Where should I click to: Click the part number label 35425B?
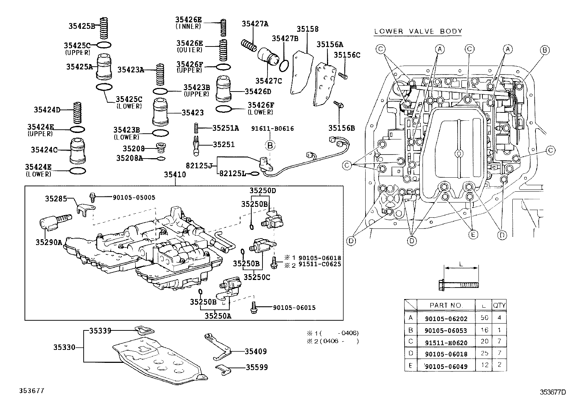point(81,26)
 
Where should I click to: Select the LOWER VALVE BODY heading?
point(418,31)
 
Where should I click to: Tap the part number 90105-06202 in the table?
point(446,319)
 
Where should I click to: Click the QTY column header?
point(499,306)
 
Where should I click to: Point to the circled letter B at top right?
point(545,50)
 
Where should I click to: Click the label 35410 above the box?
point(175,175)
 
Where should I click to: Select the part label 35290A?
point(49,243)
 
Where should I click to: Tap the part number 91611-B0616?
point(273,129)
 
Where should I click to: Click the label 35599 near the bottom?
point(257,368)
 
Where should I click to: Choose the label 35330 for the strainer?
point(65,347)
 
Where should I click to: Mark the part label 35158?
point(308,30)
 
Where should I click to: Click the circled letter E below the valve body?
point(473,235)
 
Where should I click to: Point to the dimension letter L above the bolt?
point(461,264)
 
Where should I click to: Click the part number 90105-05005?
point(134,197)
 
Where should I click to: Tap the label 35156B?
point(341,128)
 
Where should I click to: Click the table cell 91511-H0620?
point(446,342)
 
